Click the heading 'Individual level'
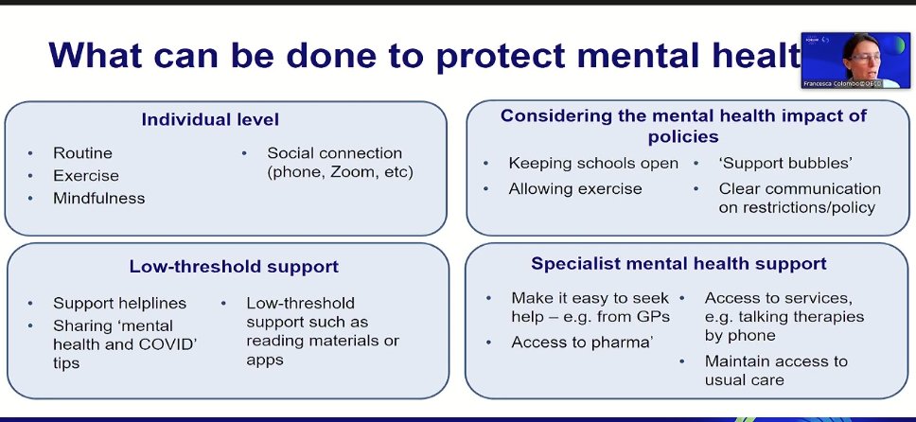(x=210, y=120)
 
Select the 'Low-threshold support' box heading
(x=234, y=267)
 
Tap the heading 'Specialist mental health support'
(x=678, y=264)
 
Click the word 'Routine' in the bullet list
(x=82, y=152)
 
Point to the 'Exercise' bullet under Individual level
(x=86, y=175)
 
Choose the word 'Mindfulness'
(x=99, y=198)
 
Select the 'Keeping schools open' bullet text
(x=593, y=163)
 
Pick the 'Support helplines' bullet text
(x=119, y=303)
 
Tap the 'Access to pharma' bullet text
(x=581, y=343)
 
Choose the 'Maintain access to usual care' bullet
(x=776, y=370)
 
